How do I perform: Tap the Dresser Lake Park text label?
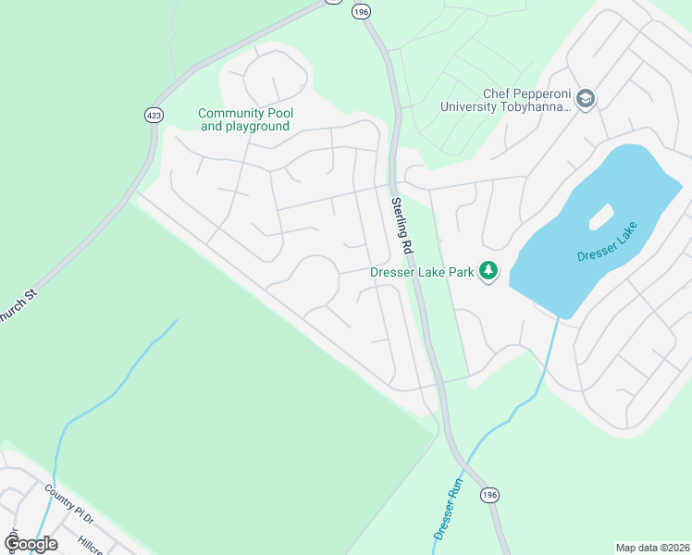click(x=422, y=272)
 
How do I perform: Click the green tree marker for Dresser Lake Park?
click(x=488, y=272)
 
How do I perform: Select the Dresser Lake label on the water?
click(x=608, y=241)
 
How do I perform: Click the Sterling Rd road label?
click(x=401, y=227)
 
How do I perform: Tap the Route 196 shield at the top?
click(x=361, y=11)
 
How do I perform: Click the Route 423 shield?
click(x=154, y=115)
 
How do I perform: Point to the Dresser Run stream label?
click(x=448, y=510)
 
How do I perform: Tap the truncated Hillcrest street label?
click(x=96, y=544)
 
